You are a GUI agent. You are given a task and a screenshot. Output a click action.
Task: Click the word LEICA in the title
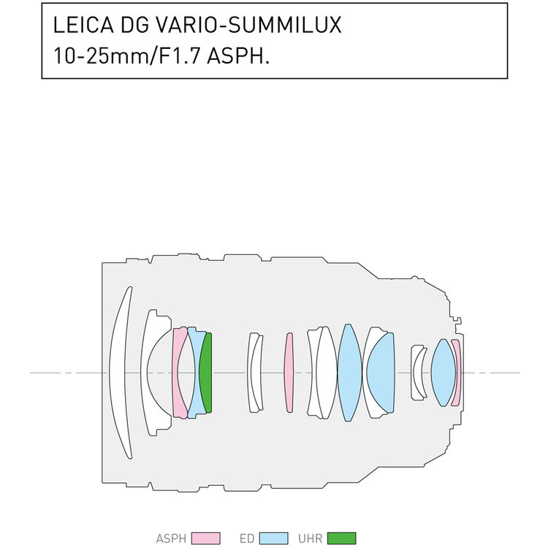coord(83,25)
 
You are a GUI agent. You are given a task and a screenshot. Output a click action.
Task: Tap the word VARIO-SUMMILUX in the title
coord(248,25)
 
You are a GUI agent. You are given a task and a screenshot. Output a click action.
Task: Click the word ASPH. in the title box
coord(238,56)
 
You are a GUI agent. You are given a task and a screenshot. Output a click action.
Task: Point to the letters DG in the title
coord(134,25)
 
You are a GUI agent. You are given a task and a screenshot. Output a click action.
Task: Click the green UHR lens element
coord(206,373)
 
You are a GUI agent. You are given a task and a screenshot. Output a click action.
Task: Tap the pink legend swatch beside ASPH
coord(206,539)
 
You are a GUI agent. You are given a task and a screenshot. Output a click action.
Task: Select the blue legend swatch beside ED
coord(274,539)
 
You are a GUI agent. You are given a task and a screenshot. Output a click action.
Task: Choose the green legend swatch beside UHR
coord(342,539)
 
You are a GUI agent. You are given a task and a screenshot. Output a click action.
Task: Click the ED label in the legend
coord(247,539)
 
